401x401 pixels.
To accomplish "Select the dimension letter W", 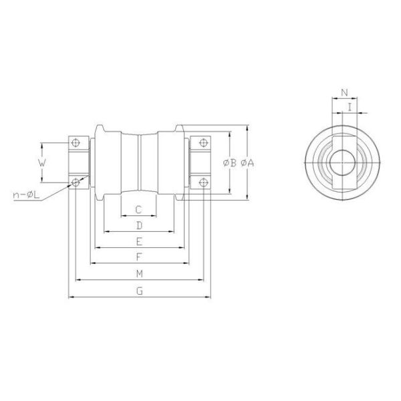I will (41, 162).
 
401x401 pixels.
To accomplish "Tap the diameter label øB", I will (228, 162).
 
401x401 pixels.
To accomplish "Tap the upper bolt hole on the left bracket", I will (76, 142).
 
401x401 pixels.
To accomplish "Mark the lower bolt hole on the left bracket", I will (76, 180).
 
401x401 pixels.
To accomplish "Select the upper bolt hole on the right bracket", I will (202, 142).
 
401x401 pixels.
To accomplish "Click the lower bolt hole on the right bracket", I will (202, 180).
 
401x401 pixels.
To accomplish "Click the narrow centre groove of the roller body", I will (139, 162).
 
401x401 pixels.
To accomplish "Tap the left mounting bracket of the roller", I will (81, 162).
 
